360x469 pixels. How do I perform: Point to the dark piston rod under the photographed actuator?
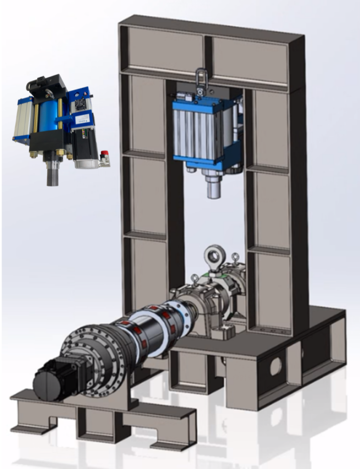point(52,176)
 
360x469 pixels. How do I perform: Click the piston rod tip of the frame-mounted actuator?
point(213,190)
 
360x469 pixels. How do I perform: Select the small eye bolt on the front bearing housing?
point(195,278)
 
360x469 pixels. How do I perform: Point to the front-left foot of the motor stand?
point(28,429)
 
